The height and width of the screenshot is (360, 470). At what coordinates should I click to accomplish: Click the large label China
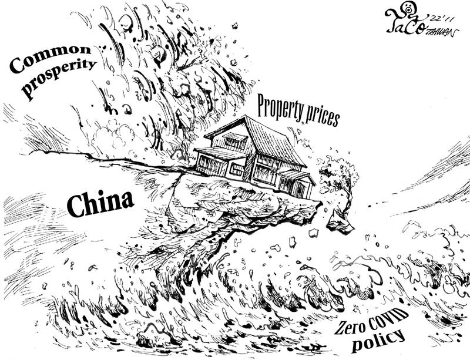click(x=99, y=203)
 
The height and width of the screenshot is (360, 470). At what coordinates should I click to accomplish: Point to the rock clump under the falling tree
click(x=340, y=223)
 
